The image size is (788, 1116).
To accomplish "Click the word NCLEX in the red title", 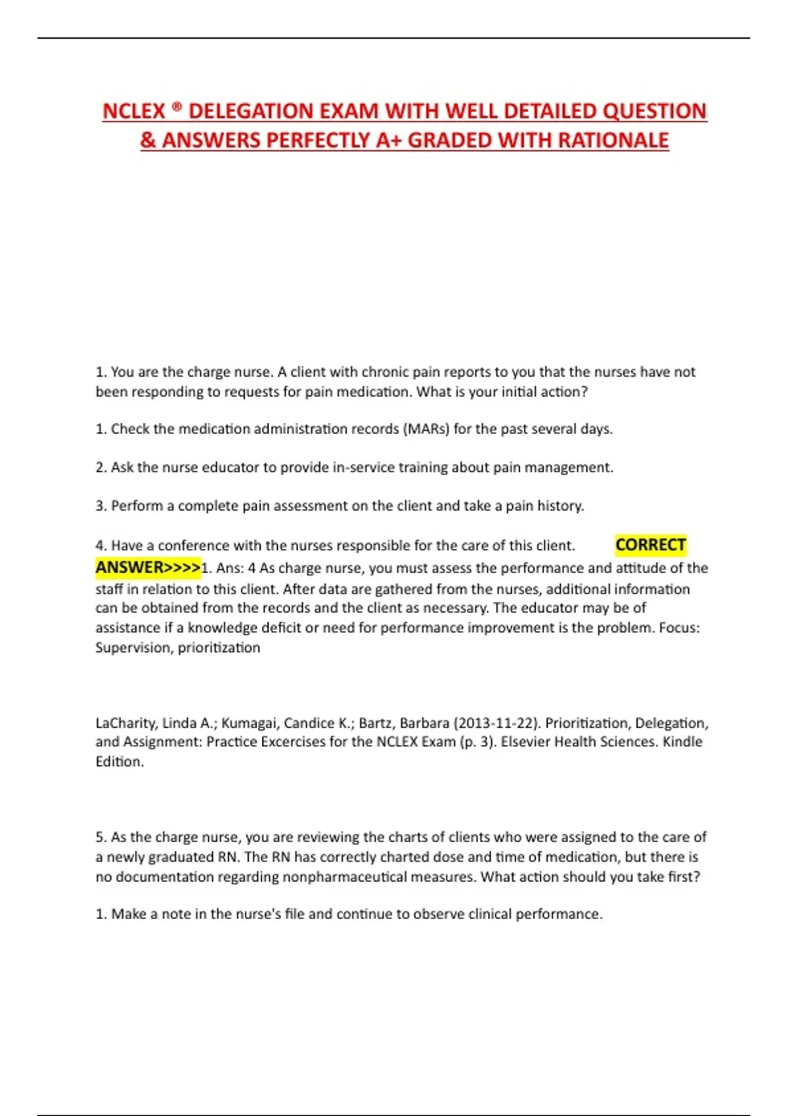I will [x=134, y=111].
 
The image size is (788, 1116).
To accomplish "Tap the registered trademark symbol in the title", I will [x=177, y=106].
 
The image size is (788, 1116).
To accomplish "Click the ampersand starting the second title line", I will [x=148, y=140].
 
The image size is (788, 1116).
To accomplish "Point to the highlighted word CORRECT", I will [x=650, y=545].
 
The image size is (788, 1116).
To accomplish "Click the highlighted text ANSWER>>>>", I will [x=148, y=567].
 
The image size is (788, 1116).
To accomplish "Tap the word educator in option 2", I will [x=230, y=467].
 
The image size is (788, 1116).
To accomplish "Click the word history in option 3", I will [x=559, y=506].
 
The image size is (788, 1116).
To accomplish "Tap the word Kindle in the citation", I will [x=682, y=742].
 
